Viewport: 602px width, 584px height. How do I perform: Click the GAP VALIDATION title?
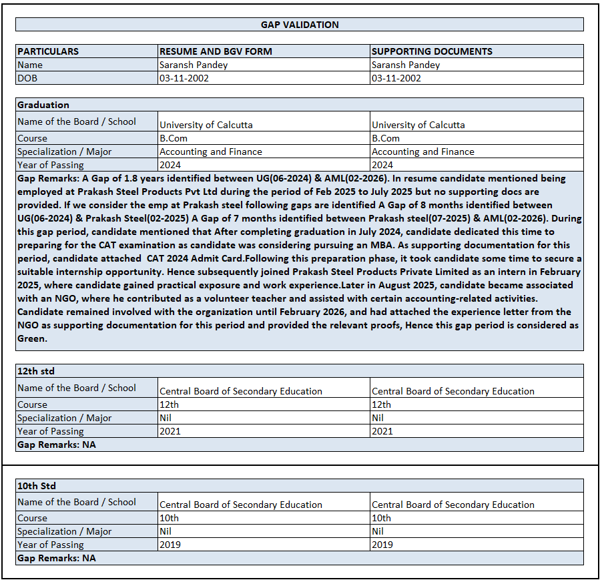tap(300, 25)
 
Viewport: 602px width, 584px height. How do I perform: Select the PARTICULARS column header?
tap(48, 51)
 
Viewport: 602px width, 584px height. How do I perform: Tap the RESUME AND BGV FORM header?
tap(216, 51)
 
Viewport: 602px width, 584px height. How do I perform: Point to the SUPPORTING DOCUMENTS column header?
tap(432, 51)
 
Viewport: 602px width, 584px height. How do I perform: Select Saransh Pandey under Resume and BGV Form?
tap(193, 65)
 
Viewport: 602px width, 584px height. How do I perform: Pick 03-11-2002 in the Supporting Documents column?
tap(396, 78)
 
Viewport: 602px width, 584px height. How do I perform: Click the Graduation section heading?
tap(43, 105)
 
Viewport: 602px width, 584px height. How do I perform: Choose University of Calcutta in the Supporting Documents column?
tap(418, 125)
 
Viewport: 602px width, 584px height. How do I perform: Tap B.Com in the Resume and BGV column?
tap(174, 138)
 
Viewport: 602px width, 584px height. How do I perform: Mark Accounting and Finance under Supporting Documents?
tap(422, 152)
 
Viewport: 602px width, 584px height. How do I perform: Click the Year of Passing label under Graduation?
tap(51, 165)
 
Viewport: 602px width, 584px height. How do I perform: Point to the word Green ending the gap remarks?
tap(31, 338)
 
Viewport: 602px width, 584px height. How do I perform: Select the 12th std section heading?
tap(36, 371)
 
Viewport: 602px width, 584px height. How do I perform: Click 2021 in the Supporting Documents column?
tap(382, 431)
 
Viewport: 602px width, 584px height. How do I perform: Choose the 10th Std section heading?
tap(37, 486)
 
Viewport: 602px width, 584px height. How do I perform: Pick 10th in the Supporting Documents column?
tap(382, 518)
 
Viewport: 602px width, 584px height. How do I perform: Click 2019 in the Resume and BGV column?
tap(170, 545)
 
